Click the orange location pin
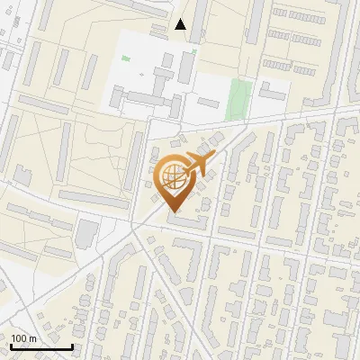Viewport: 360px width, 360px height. click(x=173, y=180)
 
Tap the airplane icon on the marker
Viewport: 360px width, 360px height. click(x=197, y=165)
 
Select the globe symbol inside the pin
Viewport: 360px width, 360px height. click(x=171, y=175)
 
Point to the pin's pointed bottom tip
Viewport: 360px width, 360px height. click(x=173, y=212)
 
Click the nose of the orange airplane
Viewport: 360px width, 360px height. click(x=213, y=156)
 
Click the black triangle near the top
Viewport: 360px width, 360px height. click(x=181, y=24)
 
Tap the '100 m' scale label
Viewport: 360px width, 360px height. click(x=23, y=338)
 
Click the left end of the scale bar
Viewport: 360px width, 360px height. click(x=10, y=346)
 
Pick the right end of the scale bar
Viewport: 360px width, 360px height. click(x=72, y=346)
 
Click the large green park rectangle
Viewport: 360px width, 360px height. click(x=238, y=99)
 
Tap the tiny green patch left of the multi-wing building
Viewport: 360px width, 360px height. click(x=125, y=59)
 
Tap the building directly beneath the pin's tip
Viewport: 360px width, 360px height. click(x=185, y=220)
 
